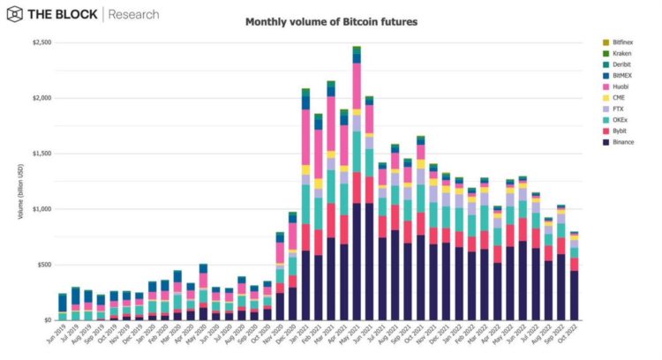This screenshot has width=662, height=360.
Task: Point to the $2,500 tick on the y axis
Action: click(40, 42)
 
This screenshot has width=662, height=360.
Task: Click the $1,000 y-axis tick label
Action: click(40, 209)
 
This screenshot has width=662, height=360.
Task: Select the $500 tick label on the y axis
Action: click(42, 265)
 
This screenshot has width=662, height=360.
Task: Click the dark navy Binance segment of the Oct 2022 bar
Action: click(575, 296)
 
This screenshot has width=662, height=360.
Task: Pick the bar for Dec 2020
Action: click(293, 266)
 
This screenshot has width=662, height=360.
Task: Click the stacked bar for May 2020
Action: click(203, 292)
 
